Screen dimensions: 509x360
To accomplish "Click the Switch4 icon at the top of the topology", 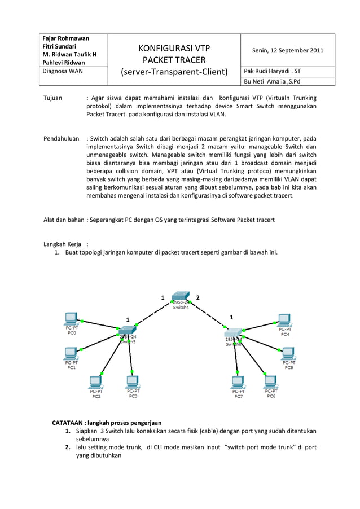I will point(181,296).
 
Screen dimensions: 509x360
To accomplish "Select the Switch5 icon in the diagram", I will point(128,330).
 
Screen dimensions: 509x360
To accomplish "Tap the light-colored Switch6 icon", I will point(234,332).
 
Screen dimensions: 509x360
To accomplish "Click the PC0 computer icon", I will point(71,318).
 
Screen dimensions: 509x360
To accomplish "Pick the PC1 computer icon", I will point(71,353).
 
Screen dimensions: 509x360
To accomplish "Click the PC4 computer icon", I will point(284,319).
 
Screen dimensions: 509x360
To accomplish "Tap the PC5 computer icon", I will point(288,353).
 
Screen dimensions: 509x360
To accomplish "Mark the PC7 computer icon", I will point(238,382).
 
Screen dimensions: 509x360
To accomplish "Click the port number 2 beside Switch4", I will point(197,297).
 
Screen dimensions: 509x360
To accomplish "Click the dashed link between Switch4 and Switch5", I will point(152,315).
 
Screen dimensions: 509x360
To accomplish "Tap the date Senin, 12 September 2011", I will point(287,50).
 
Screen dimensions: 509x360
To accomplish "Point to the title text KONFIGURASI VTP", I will point(174,48).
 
